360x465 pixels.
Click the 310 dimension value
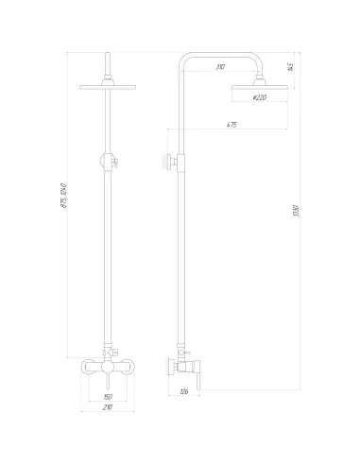[x=219, y=66]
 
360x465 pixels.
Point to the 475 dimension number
[x=231, y=124]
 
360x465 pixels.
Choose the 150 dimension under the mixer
[x=107, y=396]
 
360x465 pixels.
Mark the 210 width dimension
[x=107, y=407]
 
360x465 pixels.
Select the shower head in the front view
[x=109, y=88]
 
